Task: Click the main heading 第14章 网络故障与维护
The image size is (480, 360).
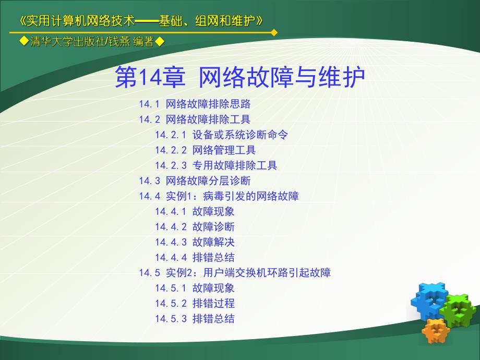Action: point(239,78)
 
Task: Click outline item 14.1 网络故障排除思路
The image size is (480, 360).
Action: point(195,104)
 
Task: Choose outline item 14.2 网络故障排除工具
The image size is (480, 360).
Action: point(195,119)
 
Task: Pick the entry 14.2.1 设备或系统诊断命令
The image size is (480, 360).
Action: point(221,135)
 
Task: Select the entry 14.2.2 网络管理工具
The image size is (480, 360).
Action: point(205,150)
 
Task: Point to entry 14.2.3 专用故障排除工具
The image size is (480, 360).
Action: point(216,165)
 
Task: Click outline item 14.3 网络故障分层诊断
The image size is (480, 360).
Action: point(195,181)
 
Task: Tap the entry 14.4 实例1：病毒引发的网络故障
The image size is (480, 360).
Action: point(219,196)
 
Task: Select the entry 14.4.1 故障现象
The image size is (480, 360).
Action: point(195,211)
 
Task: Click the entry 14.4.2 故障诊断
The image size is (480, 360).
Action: point(195,227)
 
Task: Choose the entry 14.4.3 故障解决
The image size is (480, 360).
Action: point(195,242)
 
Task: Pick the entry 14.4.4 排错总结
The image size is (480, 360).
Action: point(195,257)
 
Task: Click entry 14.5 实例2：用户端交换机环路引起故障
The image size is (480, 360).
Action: point(235,272)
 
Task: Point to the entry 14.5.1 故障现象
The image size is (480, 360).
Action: point(195,288)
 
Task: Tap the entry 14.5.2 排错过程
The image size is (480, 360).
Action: point(195,303)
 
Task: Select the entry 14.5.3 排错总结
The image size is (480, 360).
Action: point(195,319)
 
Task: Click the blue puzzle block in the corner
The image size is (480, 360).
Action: point(429,299)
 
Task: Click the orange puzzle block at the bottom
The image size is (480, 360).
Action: point(436,330)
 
